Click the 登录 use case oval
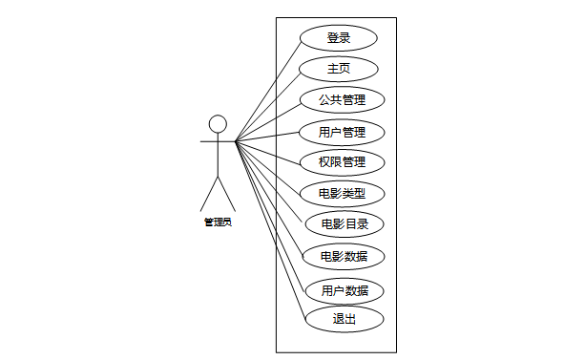click(339, 38)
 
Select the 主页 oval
click(339, 69)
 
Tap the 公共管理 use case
click(342, 100)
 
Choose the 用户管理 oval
click(342, 133)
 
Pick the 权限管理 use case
click(342, 162)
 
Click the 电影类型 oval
click(342, 194)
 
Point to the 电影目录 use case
click(345, 224)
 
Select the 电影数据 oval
click(344, 257)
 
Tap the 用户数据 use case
click(345, 291)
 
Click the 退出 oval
click(345, 319)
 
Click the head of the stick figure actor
click(218, 124)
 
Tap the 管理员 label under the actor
click(218, 222)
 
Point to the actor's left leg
click(209, 194)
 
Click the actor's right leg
click(227, 194)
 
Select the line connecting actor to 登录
click(268, 92)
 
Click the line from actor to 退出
click(270, 230)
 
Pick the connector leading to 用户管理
click(267, 137)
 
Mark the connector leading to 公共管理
click(268, 122)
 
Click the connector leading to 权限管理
click(268, 153)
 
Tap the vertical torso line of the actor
click(218, 155)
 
